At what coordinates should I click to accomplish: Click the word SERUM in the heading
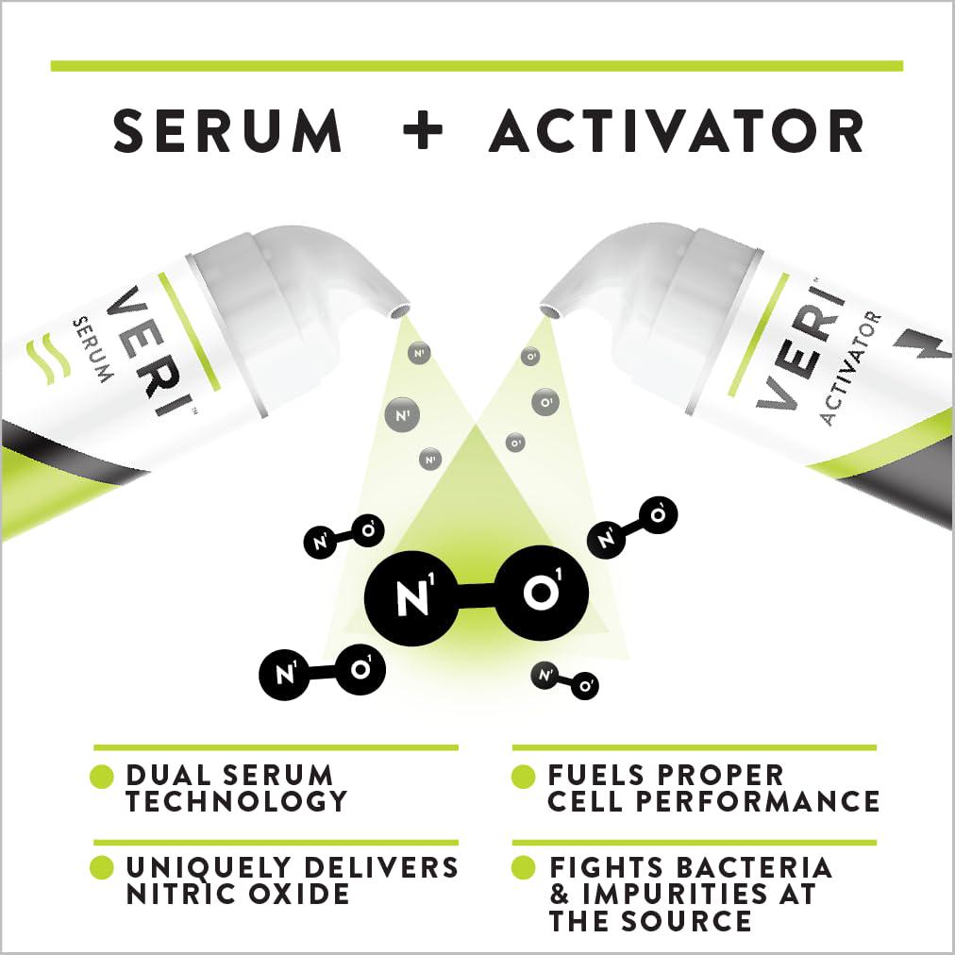click(227, 130)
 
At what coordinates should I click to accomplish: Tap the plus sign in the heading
click(424, 129)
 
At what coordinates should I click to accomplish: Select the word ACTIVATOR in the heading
click(677, 130)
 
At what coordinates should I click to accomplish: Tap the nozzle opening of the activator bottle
click(549, 310)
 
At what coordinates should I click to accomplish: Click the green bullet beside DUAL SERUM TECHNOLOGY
click(102, 777)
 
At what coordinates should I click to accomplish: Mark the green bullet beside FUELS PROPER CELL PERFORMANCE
click(523, 776)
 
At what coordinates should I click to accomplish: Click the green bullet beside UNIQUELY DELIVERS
click(102, 868)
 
